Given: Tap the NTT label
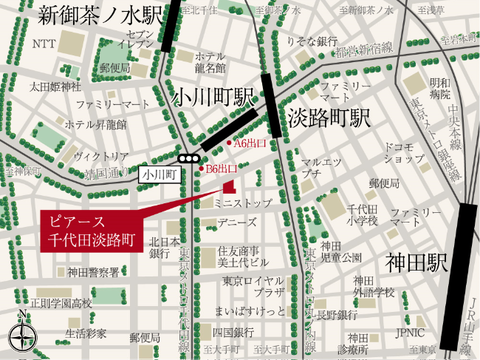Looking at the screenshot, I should [43, 44].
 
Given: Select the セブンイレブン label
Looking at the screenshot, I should [137, 40].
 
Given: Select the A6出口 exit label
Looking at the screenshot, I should [249, 143].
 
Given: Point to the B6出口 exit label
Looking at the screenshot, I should [221, 169].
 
